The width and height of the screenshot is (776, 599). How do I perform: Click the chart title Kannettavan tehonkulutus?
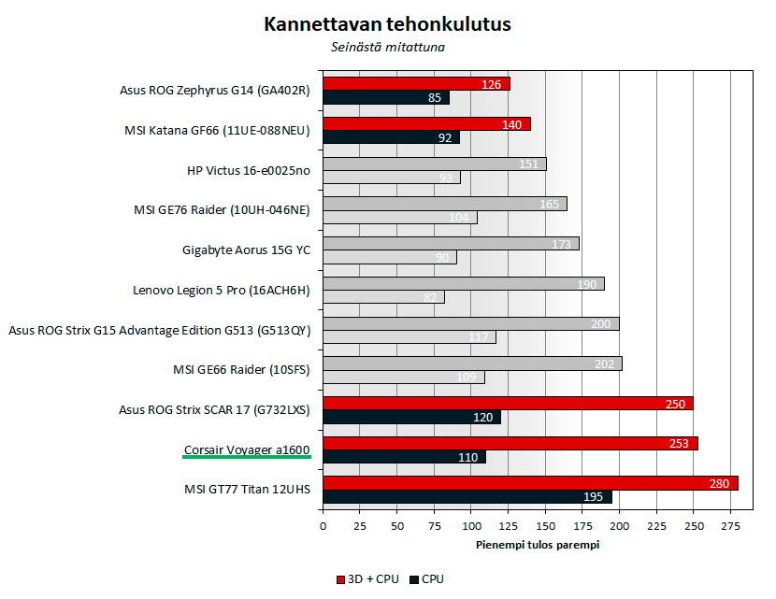pos(387,24)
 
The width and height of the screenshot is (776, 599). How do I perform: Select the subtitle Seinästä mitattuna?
pos(386,46)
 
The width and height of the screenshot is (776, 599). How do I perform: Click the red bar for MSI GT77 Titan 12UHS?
pos(530,483)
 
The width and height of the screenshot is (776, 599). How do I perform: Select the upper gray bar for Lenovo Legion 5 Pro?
pos(463,283)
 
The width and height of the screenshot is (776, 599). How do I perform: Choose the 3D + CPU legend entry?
pos(366,579)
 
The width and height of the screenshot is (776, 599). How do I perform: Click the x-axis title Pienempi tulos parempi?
pos(537,545)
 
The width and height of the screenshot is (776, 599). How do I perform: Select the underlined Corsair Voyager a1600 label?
pos(247,450)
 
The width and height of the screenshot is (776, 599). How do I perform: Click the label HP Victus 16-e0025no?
pos(249,170)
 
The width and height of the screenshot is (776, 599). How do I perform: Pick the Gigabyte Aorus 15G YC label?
pos(246,250)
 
